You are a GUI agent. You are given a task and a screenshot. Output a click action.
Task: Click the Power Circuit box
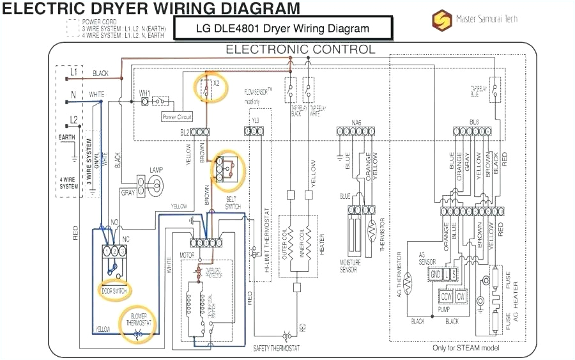[177, 117]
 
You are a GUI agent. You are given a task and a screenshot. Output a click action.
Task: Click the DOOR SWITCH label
[115, 290]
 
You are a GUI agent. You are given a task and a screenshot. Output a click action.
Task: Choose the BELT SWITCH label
[233, 203]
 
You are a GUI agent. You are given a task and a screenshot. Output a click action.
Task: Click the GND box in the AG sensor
[435, 274]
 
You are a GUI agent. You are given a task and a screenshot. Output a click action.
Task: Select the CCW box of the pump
[446, 297]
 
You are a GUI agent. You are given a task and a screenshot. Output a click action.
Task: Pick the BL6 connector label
[473, 121]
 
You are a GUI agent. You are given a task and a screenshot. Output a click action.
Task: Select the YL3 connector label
[256, 121]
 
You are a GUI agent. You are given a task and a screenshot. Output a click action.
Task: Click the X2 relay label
[217, 83]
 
